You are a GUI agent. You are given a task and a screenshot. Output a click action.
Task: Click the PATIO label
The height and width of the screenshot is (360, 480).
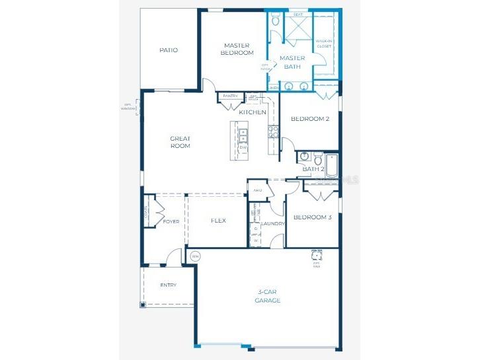pyautogui.click(x=169, y=50)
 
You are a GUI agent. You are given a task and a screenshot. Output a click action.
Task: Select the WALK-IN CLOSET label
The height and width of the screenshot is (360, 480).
pyautogui.click(x=324, y=43)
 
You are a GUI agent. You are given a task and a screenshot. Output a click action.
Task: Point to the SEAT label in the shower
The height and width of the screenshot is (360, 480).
pyautogui.click(x=298, y=14)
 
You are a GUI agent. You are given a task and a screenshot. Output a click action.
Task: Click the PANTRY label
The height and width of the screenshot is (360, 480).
pyautogui.click(x=230, y=96)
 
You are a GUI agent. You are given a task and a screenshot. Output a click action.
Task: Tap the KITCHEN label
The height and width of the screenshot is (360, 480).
pyautogui.click(x=253, y=112)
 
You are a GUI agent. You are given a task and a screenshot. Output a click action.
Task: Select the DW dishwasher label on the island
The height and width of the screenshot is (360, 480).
pyautogui.click(x=243, y=147)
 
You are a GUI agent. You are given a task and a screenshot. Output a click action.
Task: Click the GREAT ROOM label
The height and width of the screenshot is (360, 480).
pyautogui.click(x=180, y=142)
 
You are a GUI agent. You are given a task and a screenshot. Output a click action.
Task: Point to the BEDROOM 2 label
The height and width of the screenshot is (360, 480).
pyautogui.click(x=310, y=119)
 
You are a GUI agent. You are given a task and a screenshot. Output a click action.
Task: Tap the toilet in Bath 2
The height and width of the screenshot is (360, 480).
pyautogui.click(x=318, y=159)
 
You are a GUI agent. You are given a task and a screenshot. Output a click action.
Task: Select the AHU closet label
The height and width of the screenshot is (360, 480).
pyautogui.click(x=258, y=190)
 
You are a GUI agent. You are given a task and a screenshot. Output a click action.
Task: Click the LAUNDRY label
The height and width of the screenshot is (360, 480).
pyautogui.click(x=273, y=224)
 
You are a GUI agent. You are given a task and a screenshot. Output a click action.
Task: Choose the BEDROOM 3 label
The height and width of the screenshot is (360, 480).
pyautogui.click(x=312, y=217)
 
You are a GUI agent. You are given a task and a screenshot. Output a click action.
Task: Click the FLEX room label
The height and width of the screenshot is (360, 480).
pyautogui.click(x=218, y=221)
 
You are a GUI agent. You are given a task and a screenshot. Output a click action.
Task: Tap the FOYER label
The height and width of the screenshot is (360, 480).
pyautogui.click(x=171, y=221)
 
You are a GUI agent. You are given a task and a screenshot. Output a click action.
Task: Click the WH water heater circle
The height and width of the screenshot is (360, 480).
pyautogui.click(x=195, y=256)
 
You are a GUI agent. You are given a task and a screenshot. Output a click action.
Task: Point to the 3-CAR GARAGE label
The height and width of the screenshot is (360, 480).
pyautogui.click(x=268, y=296)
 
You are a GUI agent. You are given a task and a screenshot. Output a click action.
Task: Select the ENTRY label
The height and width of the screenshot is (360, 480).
pyautogui.click(x=169, y=285)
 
